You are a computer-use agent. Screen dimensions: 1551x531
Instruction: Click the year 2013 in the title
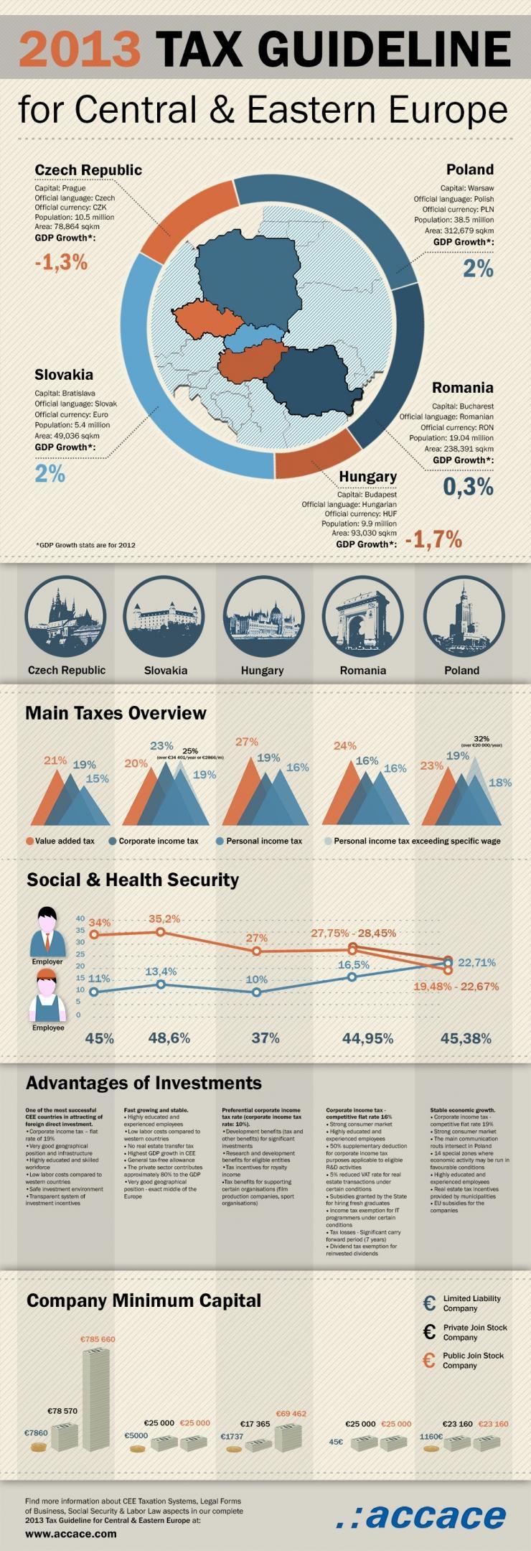(x=80, y=50)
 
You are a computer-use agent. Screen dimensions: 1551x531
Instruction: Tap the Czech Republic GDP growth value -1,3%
(x=61, y=262)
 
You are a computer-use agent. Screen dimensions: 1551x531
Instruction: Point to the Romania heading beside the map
(x=462, y=388)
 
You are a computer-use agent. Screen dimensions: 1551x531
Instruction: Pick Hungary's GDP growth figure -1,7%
(x=433, y=539)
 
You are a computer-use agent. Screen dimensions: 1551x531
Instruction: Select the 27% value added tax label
(x=246, y=742)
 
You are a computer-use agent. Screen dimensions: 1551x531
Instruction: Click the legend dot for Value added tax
(x=29, y=841)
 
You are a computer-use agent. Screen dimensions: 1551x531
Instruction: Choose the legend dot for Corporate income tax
(x=113, y=841)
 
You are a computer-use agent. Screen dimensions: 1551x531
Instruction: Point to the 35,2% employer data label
(x=164, y=918)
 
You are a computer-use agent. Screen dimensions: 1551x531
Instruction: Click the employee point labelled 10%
(x=257, y=992)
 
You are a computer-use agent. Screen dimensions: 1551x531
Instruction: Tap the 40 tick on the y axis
(x=80, y=918)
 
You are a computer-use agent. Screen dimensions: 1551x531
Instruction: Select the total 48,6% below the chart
(x=169, y=1038)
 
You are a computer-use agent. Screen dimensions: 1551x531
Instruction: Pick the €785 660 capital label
(x=98, y=1339)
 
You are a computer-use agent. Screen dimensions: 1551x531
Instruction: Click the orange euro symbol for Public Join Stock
(x=429, y=1360)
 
